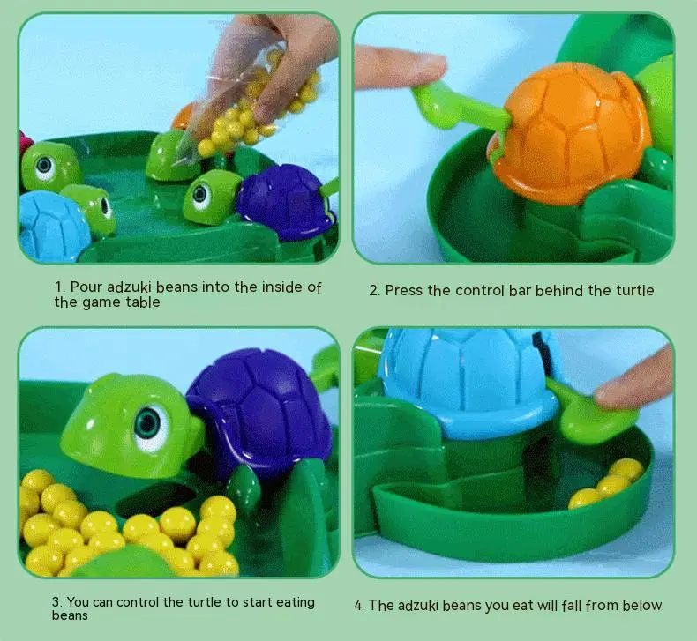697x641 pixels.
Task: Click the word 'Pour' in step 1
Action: tap(86, 287)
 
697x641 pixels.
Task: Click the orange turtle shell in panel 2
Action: tap(570, 129)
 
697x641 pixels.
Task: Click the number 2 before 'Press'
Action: tap(374, 291)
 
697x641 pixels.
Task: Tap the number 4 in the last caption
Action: tap(359, 606)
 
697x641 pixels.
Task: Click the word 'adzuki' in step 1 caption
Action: tap(130, 287)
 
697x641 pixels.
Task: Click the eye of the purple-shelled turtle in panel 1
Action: tap(200, 194)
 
